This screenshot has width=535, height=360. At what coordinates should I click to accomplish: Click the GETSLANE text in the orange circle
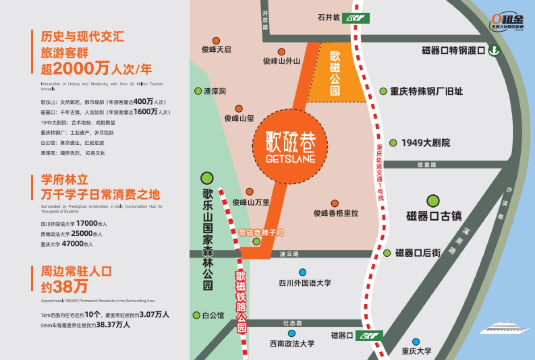pos(290,159)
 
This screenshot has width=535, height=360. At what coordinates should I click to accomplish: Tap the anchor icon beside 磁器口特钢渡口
pos(494,50)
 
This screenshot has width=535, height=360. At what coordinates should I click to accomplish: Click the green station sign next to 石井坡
pos(356,18)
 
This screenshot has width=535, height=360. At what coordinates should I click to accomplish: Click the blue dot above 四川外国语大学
pos(303,272)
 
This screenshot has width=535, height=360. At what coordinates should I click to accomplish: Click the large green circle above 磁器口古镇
pos(433,201)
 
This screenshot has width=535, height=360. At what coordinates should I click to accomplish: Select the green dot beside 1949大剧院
pos(393,143)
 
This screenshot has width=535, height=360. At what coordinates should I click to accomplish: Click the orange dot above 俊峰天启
pos(216,41)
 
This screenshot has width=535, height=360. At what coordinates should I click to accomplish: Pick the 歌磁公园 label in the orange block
pos(335,74)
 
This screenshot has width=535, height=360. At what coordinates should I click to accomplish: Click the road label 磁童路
pos(427,165)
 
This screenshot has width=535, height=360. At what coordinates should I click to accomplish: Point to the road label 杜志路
pos(292,323)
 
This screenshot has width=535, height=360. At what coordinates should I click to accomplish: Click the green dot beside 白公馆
pos(197,315)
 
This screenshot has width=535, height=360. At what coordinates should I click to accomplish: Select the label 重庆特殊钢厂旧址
pos(426,91)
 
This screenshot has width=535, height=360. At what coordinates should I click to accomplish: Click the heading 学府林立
pos(65,180)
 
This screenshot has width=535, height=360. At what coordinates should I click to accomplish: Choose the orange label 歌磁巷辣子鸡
pos(261,232)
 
